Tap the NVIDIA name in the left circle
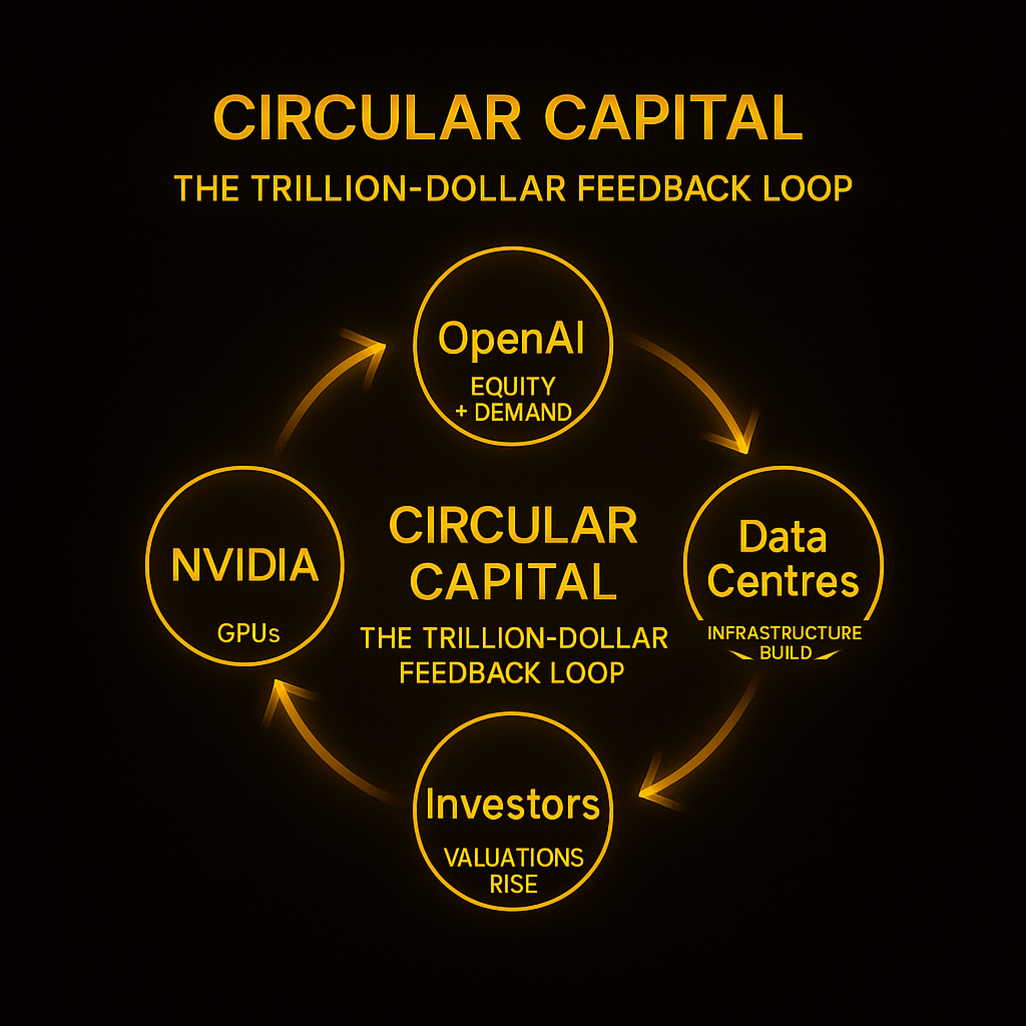pos(245,565)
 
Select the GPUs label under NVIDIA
pos(248,633)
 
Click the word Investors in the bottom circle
pos(512,805)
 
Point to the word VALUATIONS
pos(514,858)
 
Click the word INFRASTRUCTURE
pos(785,633)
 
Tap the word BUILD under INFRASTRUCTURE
pos(786,653)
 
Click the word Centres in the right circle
pos(783,581)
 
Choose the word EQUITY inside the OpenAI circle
pos(512,387)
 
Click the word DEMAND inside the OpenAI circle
pos(523,413)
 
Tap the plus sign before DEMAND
pos(461,413)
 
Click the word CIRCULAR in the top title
pos(368,117)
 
